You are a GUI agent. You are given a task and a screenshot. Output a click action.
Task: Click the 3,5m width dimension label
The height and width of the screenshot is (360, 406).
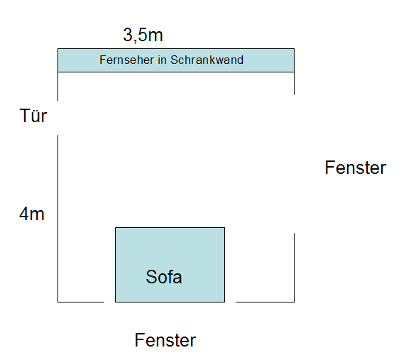tap(143, 36)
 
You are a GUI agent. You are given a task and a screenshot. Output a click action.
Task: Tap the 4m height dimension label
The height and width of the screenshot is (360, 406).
tap(32, 214)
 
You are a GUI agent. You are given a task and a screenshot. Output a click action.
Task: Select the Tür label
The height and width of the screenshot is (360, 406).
tap(33, 116)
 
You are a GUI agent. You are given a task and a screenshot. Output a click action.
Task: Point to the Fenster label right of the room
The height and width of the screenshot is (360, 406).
tap(356, 168)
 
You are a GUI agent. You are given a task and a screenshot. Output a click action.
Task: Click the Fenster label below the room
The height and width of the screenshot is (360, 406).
tap(165, 340)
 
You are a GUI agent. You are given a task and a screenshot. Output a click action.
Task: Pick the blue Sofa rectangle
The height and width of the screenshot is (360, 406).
tap(170, 265)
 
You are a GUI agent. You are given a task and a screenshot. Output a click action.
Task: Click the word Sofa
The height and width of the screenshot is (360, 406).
tap(164, 277)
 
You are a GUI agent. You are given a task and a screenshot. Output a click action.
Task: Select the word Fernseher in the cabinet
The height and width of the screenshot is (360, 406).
tap(127, 60)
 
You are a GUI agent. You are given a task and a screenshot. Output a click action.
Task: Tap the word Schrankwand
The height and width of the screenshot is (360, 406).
tap(207, 60)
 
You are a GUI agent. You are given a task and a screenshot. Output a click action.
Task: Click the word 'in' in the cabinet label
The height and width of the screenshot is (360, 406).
tap(162, 60)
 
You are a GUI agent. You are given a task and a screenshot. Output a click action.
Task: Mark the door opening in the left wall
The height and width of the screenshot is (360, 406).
tap(57, 118)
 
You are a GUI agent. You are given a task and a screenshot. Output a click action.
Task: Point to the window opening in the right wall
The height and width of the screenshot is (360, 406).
tap(294, 164)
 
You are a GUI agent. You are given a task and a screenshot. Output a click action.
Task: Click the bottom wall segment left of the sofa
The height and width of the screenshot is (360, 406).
tap(81, 302)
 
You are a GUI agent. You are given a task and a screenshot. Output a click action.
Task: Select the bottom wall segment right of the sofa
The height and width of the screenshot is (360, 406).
tap(265, 302)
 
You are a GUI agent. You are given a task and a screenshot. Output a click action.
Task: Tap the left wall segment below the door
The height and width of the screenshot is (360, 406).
tap(57, 219)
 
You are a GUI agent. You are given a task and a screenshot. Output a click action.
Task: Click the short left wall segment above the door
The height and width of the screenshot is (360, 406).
tap(57, 86)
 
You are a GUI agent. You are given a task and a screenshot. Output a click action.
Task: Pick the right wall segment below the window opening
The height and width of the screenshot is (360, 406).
tap(294, 268)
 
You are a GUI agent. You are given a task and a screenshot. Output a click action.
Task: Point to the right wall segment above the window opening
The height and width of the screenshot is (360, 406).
tap(294, 83)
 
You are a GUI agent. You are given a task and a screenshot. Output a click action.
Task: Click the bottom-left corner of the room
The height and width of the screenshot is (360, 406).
tap(57, 302)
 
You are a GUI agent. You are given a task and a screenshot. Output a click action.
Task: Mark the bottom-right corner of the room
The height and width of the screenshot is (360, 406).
tap(294, 302)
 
